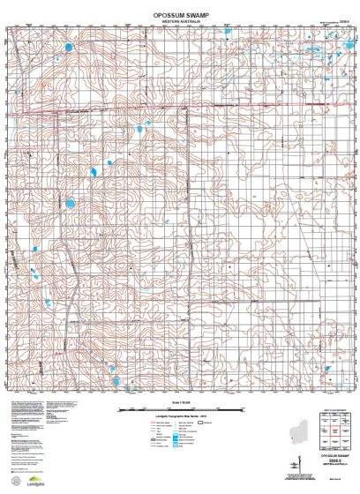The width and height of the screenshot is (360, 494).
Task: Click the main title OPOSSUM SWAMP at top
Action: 179,14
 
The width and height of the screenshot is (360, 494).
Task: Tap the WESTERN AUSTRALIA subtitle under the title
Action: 179,23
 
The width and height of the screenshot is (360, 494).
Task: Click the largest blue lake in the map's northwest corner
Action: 67,46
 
